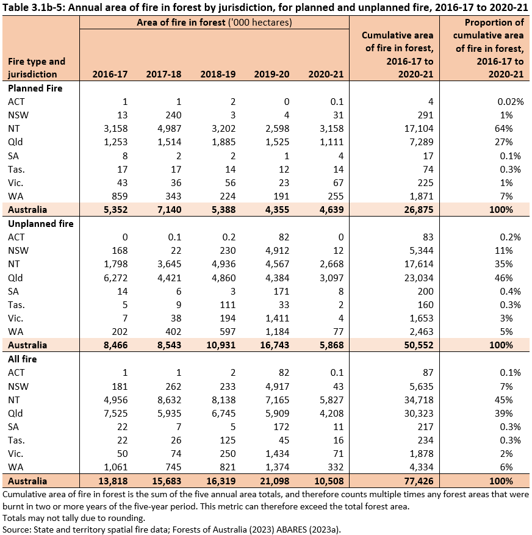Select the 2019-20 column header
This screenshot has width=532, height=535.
[272, 74]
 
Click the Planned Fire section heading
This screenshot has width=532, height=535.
[35, 88]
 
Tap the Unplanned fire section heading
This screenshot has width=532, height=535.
[40, 223]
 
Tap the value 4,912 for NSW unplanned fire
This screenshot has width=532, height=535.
[278, 251]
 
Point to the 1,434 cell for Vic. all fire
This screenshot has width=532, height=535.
[278, 454]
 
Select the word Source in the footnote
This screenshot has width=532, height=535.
[17, 528]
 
